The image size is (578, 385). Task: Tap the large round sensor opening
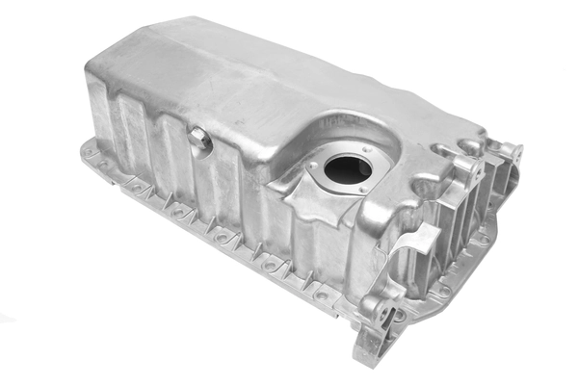pyautogui.click(x=347, y=169)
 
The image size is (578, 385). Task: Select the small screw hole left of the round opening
pyautogui.click(x=312, y=167)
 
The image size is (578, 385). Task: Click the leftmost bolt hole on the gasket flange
pyautogui.click(x=90, y=150)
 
